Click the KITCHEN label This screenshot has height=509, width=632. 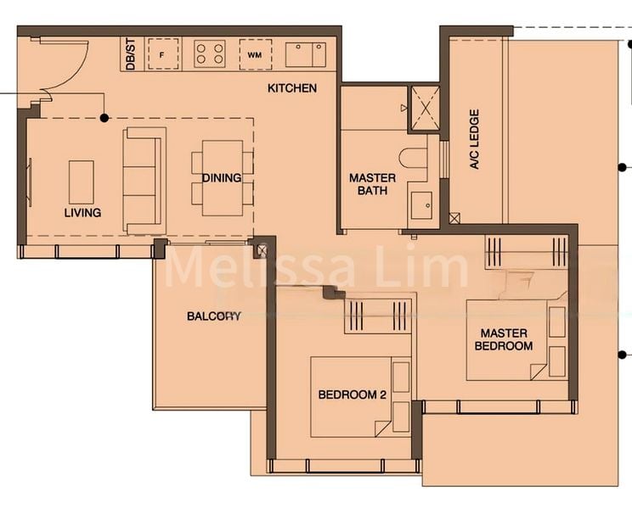click(292, 88)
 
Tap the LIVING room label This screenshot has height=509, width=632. click(82, 213)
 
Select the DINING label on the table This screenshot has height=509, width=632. click(222, 178)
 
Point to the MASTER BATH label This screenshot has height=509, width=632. click(372, 184)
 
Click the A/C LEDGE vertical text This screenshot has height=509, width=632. click(475, 138)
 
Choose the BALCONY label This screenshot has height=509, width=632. click(214, 316)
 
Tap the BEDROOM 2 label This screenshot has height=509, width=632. click(353, 394)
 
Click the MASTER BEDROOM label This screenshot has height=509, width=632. click(504, 339)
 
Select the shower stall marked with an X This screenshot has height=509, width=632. click(424, 108)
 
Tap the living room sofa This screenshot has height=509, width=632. click(144, 180)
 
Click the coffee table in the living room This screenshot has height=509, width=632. click(81, 181)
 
